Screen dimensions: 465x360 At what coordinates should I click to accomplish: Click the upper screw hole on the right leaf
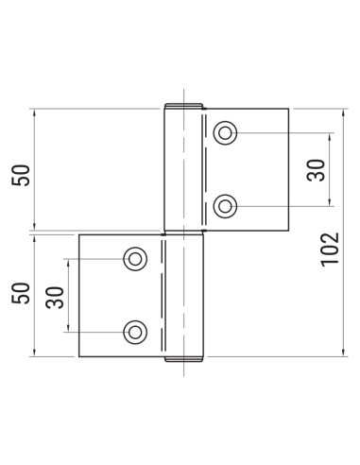point(225,133)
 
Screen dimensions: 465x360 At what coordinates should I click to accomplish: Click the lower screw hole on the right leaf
point(225,204)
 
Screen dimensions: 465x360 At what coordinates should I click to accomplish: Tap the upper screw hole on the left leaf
point(135,258)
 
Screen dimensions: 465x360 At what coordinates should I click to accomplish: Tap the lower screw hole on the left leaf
point(135,330)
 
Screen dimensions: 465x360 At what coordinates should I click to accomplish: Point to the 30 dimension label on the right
point(316,170)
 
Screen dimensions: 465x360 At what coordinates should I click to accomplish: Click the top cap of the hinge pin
point(183,107)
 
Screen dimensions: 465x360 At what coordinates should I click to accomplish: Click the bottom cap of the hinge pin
point(183,358)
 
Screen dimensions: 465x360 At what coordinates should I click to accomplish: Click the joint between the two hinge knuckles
point(183,232)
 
